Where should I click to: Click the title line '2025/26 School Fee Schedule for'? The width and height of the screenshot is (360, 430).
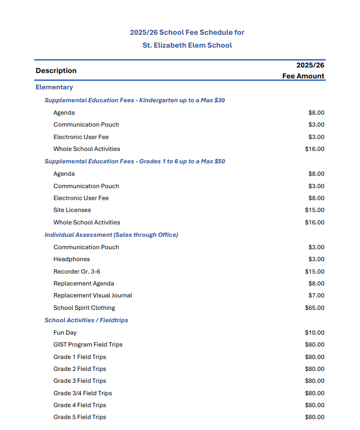point(187,32)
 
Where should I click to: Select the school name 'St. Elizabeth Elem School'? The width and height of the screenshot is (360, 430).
point(187,45)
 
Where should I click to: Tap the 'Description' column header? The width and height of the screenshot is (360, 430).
point(56,71)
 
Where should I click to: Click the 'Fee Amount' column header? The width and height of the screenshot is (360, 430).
point(303,76)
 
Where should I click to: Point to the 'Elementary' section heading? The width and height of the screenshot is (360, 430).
point(54,87)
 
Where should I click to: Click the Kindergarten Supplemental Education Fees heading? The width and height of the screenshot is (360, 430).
point(135,100)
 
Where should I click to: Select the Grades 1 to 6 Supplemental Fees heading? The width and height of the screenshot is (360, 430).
point(135,161)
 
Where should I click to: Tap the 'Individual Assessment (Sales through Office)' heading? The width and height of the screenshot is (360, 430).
point(111,235)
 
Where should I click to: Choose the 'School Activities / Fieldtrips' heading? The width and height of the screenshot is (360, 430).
point(86,320)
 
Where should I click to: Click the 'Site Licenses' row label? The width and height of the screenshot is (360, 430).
point(72,210)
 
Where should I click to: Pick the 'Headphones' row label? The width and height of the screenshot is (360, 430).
point(72,259)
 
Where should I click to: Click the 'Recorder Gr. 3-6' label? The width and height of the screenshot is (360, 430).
point(77,272)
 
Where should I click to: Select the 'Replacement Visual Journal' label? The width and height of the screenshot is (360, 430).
point(93,295)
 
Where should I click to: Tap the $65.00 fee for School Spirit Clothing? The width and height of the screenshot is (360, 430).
point(314,308)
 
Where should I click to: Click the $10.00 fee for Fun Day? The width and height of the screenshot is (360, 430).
point(314,333)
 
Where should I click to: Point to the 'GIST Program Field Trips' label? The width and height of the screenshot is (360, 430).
point(88,345)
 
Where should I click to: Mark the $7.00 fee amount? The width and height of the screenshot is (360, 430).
point(316,295)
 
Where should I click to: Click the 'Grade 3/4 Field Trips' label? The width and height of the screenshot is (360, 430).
point(82,393)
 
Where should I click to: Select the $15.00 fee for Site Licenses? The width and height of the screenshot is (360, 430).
point(314,210)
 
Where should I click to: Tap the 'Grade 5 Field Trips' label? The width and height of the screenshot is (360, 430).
point(80,417)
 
